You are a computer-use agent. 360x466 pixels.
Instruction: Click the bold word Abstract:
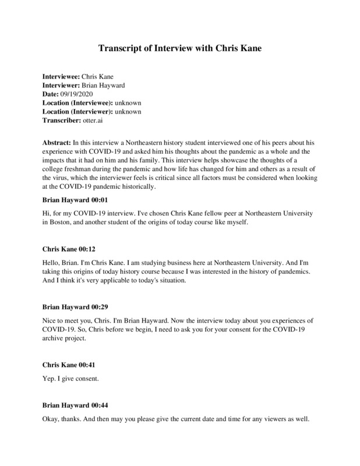[56, 143]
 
